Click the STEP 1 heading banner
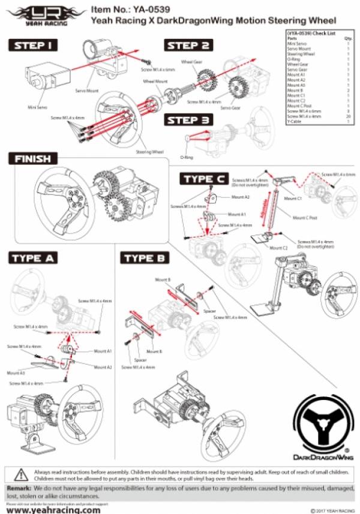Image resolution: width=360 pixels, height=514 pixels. [x=36, y=45]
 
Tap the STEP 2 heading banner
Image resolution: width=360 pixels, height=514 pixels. [x=188, y=46]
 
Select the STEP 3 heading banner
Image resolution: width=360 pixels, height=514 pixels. [x=188, y=120]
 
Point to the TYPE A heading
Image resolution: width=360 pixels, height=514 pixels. [x=34, y=258]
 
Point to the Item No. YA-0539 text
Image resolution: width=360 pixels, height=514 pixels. [x=123, y=9]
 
